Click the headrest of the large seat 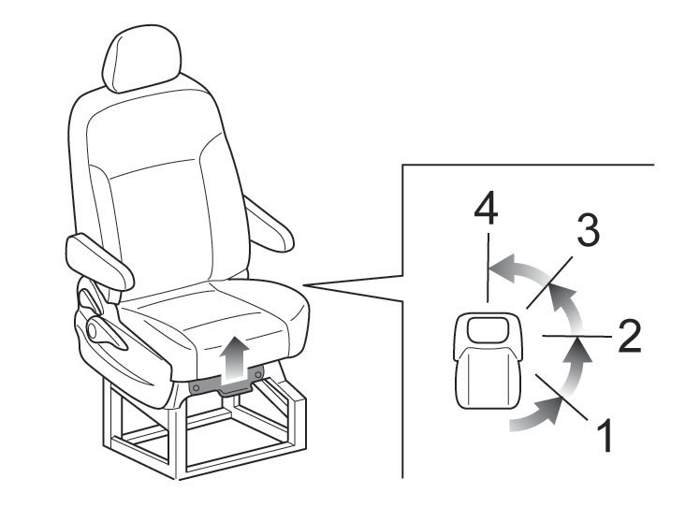[x=142, y=58]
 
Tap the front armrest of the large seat [x=99, y=261]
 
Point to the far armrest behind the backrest [x=269, y=225]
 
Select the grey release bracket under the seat [x=226, y=381]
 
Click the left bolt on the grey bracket [x=196, y=388]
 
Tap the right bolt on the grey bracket [x=257, y=373]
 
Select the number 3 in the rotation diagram [x=588, y=229]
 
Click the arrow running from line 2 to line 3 [x=568, y=308]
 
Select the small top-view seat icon [x=488, y=360]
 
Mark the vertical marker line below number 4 [x=489, y=268]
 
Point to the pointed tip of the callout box [x=303, y=284]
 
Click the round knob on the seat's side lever [x=92, y=331]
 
